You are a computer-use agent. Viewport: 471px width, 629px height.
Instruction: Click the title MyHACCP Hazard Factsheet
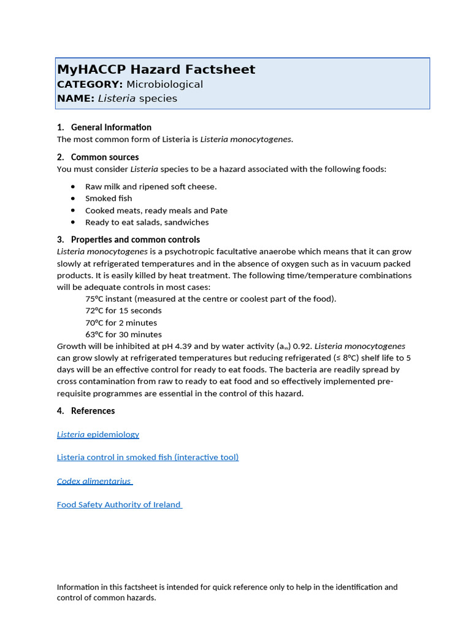tap(156, 69)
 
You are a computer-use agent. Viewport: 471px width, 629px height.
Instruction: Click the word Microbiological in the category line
tap(164, 84)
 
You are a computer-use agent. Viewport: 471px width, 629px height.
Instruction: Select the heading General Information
tap(111, 127)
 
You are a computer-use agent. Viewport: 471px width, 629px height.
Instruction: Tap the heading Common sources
tap(105, 157)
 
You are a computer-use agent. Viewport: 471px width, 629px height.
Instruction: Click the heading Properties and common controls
tap(135, 240)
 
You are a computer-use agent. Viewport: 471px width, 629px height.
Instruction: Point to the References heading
tap(93, 411)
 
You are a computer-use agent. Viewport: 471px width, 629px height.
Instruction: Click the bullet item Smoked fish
tap(109, 198)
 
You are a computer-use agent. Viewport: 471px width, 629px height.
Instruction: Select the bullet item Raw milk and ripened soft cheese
tap(151, 187)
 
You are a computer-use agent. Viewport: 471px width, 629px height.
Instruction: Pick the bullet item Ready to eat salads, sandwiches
tap(147, 222)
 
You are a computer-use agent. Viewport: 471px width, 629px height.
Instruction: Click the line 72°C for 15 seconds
tap(123, 311)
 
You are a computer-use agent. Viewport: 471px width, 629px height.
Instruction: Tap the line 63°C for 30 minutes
tap(123, 335)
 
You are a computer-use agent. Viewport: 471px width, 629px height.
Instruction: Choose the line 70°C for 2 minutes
tap(121, 322)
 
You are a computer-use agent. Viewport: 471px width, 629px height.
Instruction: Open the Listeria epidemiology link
tap(98, 434)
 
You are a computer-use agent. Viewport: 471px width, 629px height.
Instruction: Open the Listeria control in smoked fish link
tap(148, 458)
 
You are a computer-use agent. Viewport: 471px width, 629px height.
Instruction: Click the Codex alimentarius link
tap(94, 482)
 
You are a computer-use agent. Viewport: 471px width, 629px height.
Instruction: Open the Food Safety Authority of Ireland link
tap(118, 505)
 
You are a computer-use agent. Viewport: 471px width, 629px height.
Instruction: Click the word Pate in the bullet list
tap(219, 211)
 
